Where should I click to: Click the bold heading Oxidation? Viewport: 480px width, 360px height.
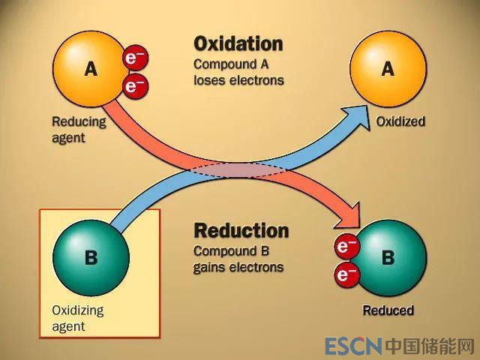pyautogui.click(x=238, y=43)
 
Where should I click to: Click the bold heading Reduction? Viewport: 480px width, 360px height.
pyautogui.click(x=241, y=229)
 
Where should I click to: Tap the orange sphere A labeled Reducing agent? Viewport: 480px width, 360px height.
pyautogui.click(x=88, y=68)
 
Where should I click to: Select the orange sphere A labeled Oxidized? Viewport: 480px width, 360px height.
pyautogui.click(x=387, y=68)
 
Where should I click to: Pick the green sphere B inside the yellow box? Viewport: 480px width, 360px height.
pyautogui.click(x=90, y=257)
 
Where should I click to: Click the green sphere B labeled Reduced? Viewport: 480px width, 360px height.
pyautogui.click(x=389, y=257)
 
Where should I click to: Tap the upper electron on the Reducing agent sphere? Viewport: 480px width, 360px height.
pyautogui.click(x=136, y=57)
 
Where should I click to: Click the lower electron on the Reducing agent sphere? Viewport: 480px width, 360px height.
pyautogui.click(x=135, y=86)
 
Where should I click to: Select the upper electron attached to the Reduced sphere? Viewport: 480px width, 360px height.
pyautogui.click(x=346, y=246)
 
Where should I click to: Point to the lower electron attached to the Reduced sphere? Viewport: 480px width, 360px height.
pyautogui.click(x=346, y=275)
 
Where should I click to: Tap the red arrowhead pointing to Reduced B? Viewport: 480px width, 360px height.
pyautogui.click(x=349, y=218)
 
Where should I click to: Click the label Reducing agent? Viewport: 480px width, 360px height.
pyautogui.click(x=78, y=129)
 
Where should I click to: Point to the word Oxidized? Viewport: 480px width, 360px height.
pyautogui.click(x=400, y=121)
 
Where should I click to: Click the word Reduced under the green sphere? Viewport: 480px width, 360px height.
pyautogui.click(x=388, y=310)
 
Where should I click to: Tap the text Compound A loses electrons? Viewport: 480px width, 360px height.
pyautogui.click(x=238, y=71)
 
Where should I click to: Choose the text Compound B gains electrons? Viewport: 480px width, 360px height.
pyautogui.click(x=238, y=259)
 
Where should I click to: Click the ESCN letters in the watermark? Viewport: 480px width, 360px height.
pyautogui.click(x=353, y=346)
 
